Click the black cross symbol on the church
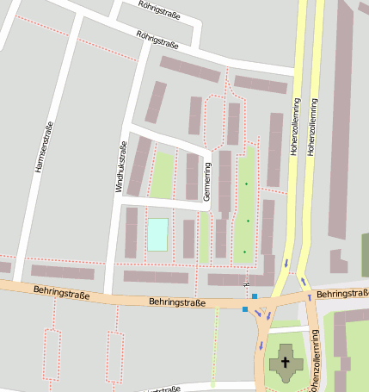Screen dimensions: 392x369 click(x=286, y=363)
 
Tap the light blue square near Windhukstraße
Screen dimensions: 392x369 click(x=158, y=235)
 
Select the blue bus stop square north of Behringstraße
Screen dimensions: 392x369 click(x=255, y=296)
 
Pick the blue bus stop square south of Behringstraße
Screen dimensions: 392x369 click(x=245, y=309)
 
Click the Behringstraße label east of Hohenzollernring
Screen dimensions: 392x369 click(x=342, y=295)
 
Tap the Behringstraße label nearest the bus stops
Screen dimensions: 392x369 click(x=178, y=302)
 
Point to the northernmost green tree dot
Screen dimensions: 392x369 click(x=246, y=184)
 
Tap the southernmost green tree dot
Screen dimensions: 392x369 click(x=244, y=252)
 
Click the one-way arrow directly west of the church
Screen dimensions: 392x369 click(x=260, y=345)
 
